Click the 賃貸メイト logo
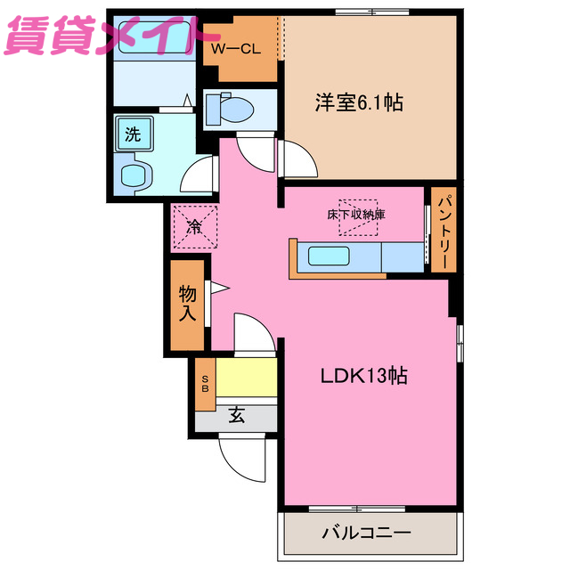(105, 37)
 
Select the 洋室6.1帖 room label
(358, 103)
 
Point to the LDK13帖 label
(364, 376)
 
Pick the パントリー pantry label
(444, 232)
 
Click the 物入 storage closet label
(188, 303)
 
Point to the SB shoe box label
(205, 383)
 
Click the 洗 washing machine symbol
(133, 135)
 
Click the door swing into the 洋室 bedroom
(298, 160)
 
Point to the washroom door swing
(199, 174)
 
